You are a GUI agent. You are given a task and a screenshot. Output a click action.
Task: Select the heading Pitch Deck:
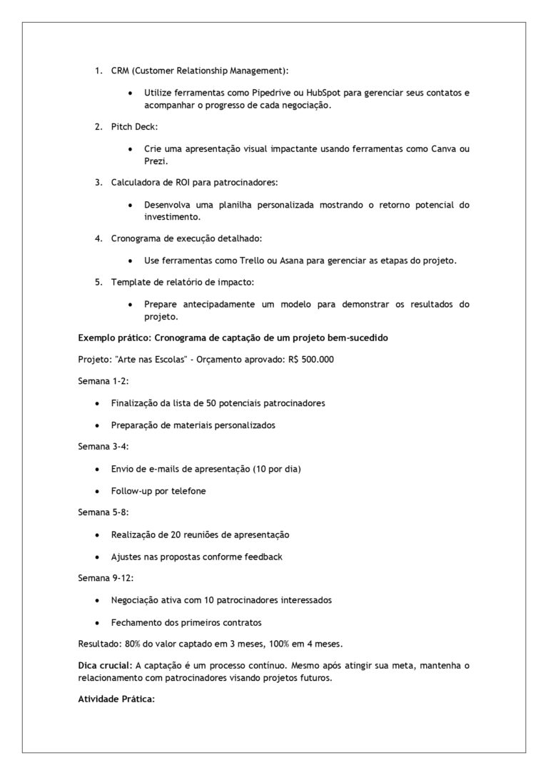pyautogui.click(x=134, y=126)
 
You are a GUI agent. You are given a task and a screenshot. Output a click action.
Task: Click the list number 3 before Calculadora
pyautogui.click(x=98, y=182)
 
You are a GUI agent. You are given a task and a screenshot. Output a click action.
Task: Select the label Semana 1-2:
pyautogui.click(x=103, y=381)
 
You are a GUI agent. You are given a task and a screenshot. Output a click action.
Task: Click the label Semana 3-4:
pyautogui.click(x=103, y=447)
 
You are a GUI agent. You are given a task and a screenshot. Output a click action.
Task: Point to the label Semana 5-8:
pyautogui.click(x=103, y=513)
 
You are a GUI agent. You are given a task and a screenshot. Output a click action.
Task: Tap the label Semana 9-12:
pyautogui.click(x=106, y=579)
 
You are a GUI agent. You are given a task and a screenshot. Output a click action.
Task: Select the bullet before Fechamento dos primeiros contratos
pyautogui.click(x=97, y=622)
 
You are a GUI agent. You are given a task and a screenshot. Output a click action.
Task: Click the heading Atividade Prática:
pyautogui.click(x=116, y=699)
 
